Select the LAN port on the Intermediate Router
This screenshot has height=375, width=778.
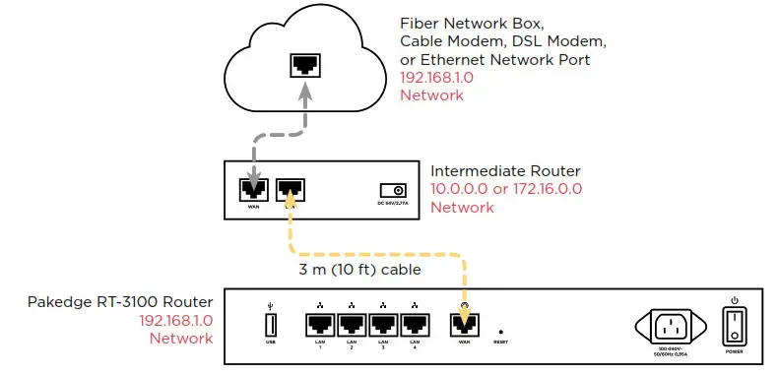click(291, 188)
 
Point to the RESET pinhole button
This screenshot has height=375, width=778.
click(501, 332)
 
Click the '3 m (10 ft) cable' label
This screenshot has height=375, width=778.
click(360, 269)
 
